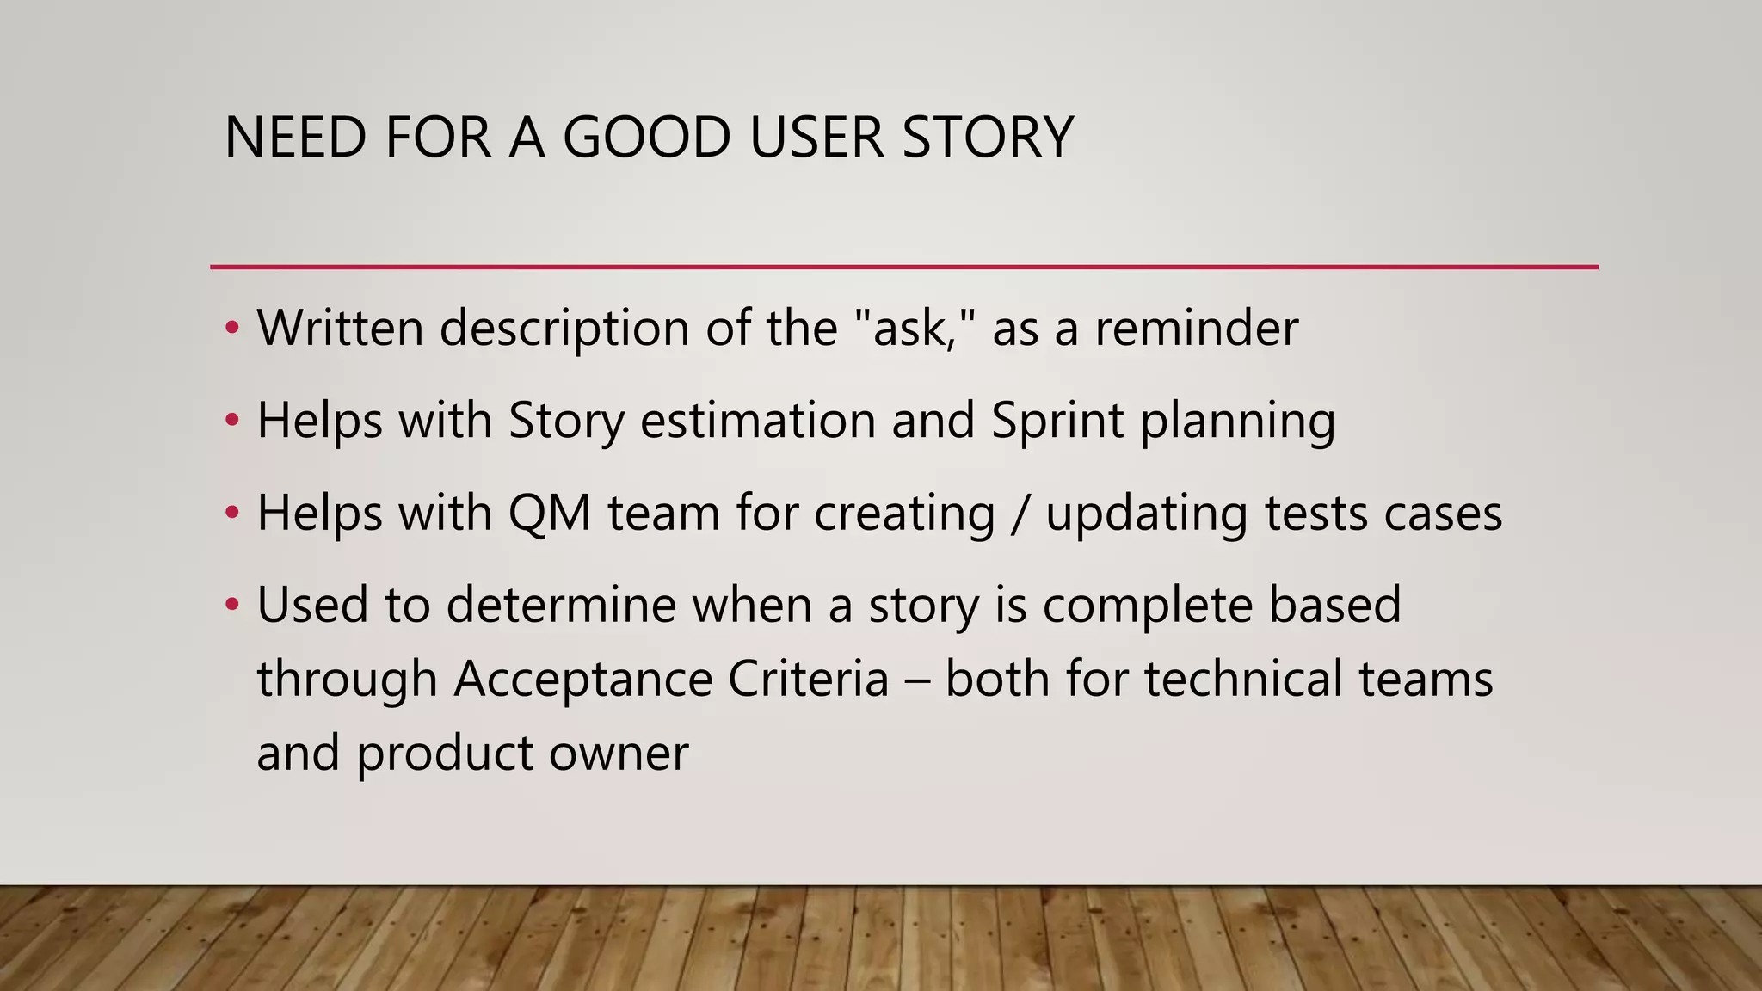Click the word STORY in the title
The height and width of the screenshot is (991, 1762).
(x=988, y=138)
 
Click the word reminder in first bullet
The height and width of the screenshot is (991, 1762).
(x=1196, y=328)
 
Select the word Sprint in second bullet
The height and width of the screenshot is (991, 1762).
(x=1057, y=421)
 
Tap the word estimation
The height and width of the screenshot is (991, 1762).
(x=757, y=421)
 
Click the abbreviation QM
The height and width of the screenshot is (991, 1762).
(x=550, y=513)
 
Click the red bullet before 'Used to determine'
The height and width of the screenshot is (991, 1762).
(x=231, y=605)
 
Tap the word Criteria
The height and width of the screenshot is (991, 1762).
(x=808, y=678)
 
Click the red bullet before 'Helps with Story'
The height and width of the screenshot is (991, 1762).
(x=231, y=421)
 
